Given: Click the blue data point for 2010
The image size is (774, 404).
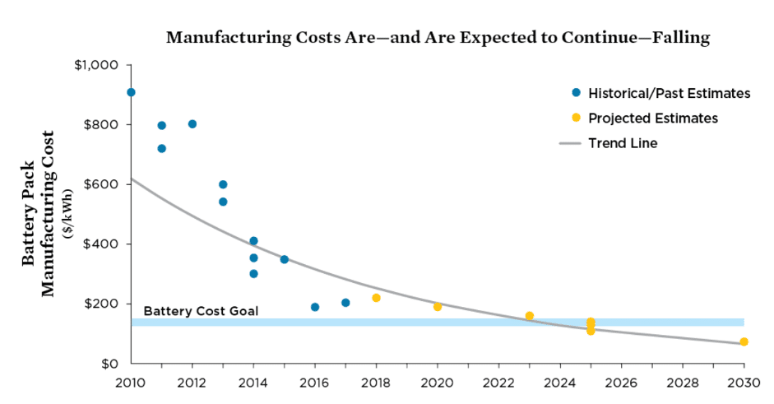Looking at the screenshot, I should click(131, 92).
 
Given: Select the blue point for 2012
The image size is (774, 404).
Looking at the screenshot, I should click(192, 124).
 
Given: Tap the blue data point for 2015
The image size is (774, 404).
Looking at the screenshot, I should click(284, 259).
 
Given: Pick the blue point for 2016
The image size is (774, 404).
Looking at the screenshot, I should click(315, 307).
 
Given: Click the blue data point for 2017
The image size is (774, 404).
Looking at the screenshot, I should click(345, 303).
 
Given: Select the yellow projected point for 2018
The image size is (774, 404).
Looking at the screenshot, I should click(376, 298).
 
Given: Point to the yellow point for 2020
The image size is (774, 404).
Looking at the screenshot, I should click(438, 307).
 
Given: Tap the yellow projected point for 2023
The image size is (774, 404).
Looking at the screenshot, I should click(530, 316).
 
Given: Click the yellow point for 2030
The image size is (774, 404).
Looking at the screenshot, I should click(744, 341).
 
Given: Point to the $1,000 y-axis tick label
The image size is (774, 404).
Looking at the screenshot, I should click(97, 65).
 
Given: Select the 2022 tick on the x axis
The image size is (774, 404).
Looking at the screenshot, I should click(498, 382).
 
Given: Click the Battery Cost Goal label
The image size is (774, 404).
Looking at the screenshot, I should click(201, 311).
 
